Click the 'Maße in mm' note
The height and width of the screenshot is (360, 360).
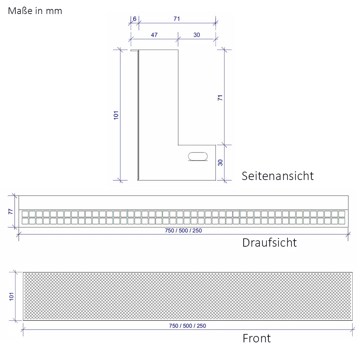(x=35, y=11)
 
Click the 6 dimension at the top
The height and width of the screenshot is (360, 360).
(x=135, y=19)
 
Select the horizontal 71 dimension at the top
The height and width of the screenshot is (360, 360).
(x=177, y=19)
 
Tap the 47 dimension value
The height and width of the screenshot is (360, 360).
(x=154, y=35)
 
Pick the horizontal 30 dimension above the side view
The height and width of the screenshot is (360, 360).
(x=197, y=35)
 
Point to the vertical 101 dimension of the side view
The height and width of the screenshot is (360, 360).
(x=116, y=115)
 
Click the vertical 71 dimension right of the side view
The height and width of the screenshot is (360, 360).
(x=220, y=98)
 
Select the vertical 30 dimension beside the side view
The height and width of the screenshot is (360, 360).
(x=220, y=163)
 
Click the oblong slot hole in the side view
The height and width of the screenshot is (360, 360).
(x=198, y=156)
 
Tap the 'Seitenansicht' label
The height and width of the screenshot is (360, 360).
(x=278, y=176)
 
